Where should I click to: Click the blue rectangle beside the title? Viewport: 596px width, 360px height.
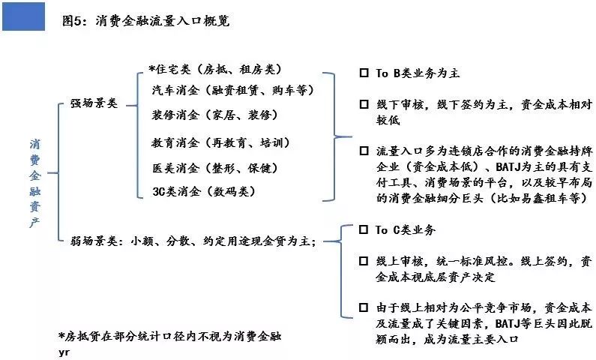23,16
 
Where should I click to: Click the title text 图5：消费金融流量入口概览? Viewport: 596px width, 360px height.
146,21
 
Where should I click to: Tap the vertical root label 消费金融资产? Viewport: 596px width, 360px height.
35,183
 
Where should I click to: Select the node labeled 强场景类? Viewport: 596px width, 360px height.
94,103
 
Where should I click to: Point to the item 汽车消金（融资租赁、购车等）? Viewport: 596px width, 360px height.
233,91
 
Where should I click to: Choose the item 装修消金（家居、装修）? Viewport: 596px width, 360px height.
215,115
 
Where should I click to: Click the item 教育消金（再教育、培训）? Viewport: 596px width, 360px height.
221,143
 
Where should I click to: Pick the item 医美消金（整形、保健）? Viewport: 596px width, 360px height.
215,168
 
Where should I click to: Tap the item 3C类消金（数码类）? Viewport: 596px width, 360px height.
204,191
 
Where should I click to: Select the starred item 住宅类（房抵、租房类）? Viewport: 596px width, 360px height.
215,69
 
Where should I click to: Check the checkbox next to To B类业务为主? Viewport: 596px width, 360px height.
364,73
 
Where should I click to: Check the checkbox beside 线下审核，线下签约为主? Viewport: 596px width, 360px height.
364,104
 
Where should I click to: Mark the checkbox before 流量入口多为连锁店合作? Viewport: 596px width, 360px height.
364,151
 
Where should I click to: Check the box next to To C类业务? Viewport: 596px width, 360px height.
364,229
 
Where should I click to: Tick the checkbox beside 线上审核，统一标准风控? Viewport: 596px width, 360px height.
364,261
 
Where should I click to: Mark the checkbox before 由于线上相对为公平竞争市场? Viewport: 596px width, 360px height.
364,307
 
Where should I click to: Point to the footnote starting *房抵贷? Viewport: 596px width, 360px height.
170,337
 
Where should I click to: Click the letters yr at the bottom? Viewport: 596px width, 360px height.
64,352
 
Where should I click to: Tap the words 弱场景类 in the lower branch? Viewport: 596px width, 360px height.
94,241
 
